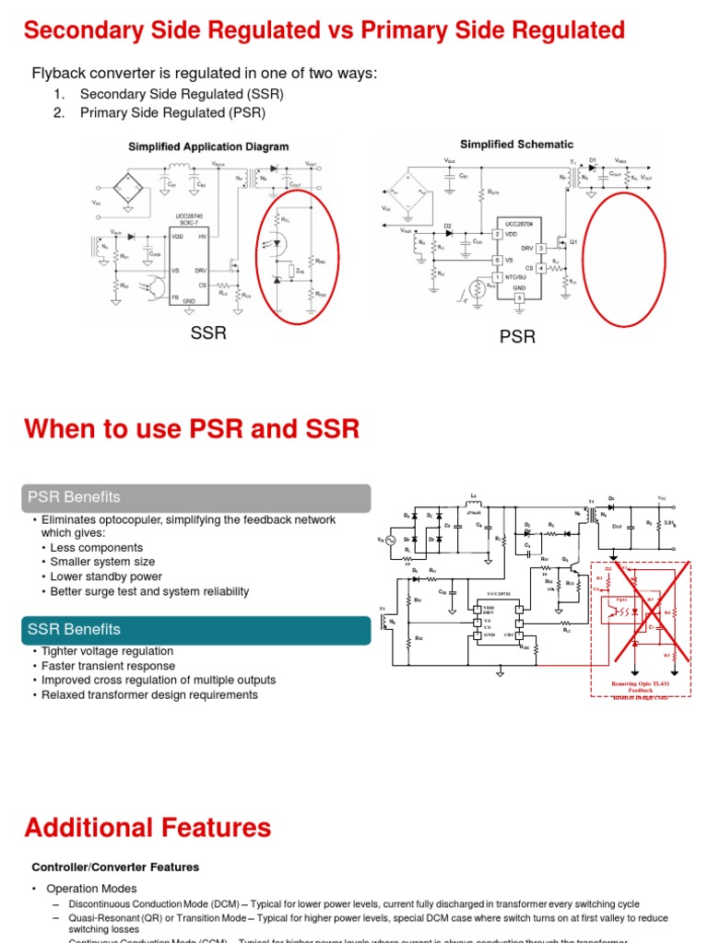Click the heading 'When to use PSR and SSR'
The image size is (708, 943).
pyautogui.click(x=192, y=429)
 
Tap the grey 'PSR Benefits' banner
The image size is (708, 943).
pyautogui.click(x=197, y=497)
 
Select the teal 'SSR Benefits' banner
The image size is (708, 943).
pyautogui.click(x=197, y=630)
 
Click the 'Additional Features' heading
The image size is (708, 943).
pyautogui.click(x=148, y=827)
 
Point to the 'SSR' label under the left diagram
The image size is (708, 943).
pyautogui.click(x=208, y=332)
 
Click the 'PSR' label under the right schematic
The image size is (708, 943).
pyautogui.click(x=517, y=337)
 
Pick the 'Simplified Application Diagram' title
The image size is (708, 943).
pyautogui.click(x=207, y=146)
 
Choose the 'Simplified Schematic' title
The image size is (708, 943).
pyautogui.click(x=516, y=145)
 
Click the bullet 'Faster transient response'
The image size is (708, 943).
pyautogui.click(x=108, y=666)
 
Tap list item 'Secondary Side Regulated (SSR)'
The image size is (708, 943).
pyautogui.click(x=182, y=94)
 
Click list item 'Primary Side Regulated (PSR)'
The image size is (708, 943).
pyautogui.click(x=172, y=112)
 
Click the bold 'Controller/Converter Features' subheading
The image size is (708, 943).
pyautogui.click(x=115, y=867)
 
